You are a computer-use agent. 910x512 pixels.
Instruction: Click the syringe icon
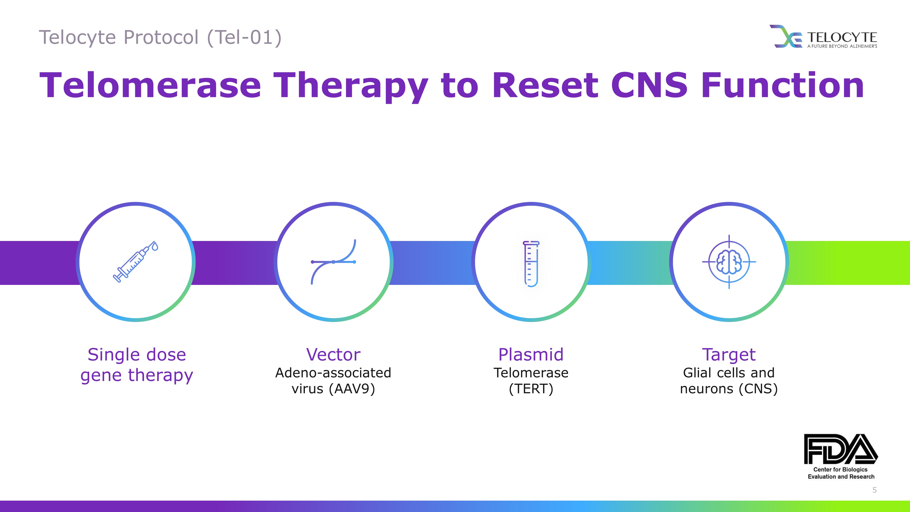click(x=136, y=262)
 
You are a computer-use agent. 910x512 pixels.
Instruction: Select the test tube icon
click(x=531, y=264)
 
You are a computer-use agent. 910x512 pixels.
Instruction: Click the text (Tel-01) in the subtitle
click(x=245, y=38)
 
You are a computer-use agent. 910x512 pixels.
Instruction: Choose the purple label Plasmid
click(x=531, y=354)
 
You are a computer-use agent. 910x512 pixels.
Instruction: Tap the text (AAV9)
click(x=352, y=389)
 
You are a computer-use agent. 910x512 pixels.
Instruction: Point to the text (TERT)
click(x=531, y=389)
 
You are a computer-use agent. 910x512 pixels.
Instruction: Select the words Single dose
click(x=137, y=354)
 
